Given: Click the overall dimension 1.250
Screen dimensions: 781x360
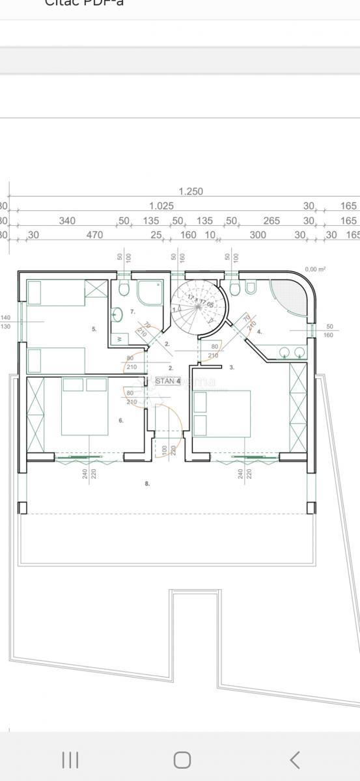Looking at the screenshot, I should coord(191,191).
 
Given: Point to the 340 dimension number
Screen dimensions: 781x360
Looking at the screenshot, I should coord(67,221).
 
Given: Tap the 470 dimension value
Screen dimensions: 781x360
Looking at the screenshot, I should coord(95,235).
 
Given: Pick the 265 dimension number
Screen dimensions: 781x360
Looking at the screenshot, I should coord(271,221).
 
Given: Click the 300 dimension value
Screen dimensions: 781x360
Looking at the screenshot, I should coord(258,235).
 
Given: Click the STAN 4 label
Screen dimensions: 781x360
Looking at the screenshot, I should coord(168,381).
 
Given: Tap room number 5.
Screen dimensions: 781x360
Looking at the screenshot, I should coord(94,329).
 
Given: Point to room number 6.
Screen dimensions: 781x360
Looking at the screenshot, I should coord(121,420).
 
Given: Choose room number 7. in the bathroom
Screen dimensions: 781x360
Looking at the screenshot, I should coord(132,312).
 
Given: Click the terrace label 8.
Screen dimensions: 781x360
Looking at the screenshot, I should coord(147,483).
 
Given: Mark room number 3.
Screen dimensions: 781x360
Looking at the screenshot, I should coord(232,368).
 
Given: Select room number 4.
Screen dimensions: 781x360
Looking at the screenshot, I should coord(259,331).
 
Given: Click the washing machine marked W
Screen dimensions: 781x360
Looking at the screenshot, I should coord(120,338).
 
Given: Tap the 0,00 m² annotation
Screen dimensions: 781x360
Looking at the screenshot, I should coord(315,269).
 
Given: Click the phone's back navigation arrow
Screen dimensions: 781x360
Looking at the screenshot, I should coord(294,760).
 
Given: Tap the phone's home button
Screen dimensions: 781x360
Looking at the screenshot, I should coord(182,760).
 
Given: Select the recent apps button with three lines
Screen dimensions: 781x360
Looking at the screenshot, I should coord(70,760).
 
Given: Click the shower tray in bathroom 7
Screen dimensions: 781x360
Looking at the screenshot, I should coord(151,292).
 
